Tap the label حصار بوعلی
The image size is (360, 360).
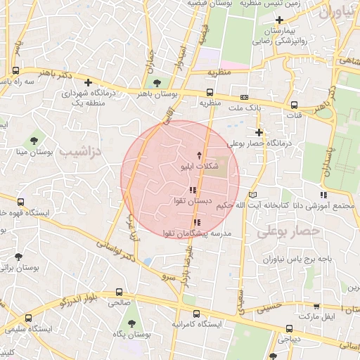(288, 231)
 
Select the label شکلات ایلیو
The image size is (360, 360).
(198, 167)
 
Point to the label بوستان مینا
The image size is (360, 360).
(30, 152)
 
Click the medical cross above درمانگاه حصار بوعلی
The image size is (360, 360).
(259, 131)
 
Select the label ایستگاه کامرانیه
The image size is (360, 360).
(198, 324)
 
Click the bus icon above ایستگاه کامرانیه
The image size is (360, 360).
(195, 314)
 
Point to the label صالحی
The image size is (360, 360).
(119, 302)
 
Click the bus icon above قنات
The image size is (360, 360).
(294, 105)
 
